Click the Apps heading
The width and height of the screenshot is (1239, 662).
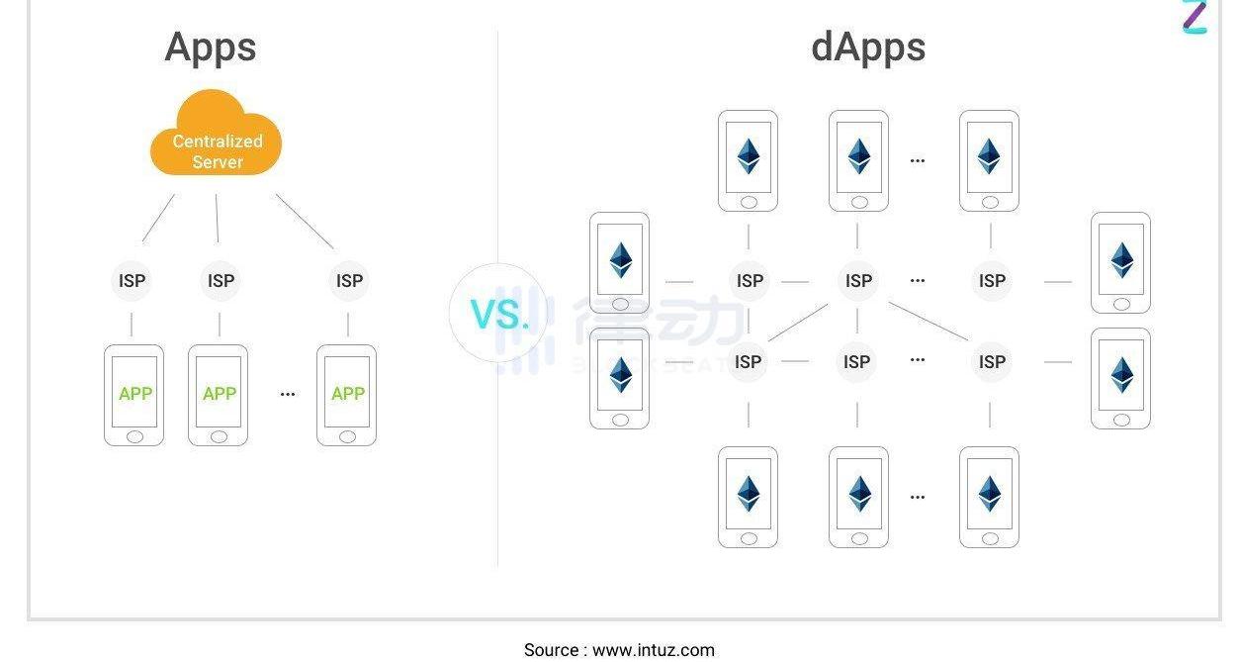click(211, 47)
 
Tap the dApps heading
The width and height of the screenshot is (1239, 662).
click(868, 47)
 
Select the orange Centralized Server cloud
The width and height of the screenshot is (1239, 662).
click(216, 137)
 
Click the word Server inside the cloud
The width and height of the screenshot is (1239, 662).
click(218, 162)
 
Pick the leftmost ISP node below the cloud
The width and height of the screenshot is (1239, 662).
click(132, 281)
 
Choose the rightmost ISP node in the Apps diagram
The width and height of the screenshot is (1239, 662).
click(349, 281)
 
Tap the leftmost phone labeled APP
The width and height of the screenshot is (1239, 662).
click(134, 395)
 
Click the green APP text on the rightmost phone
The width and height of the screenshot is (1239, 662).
click(348, 394)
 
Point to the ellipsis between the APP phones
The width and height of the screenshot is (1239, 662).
click(288, 394)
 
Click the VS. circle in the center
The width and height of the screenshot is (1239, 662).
click(498, 314)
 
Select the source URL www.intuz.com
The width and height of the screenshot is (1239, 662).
click(654, 650)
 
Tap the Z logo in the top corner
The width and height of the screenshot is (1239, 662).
click(1195, 17)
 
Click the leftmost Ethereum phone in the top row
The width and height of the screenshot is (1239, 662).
click(749, 160)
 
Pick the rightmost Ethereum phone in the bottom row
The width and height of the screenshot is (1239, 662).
click(989, 497)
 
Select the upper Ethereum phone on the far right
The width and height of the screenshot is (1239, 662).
click(1120, 262)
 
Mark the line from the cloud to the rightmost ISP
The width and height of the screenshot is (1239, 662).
click(305, 221)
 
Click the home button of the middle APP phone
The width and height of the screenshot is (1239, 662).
click(219, 436)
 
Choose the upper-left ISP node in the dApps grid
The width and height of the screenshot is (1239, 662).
click(750, 281)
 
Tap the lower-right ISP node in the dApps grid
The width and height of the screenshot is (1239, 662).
click(992, 362)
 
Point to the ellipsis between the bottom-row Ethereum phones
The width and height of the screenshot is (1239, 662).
click(918, 497)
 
